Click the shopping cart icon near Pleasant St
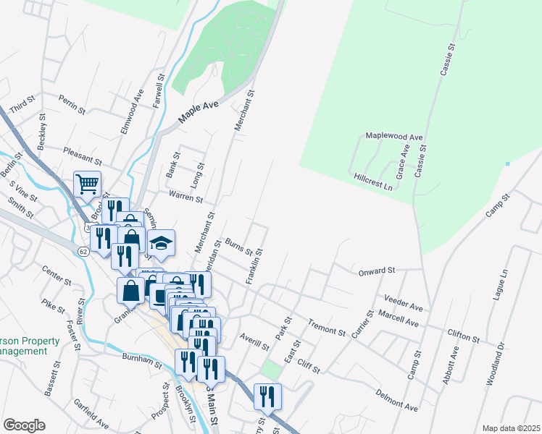(87, 184)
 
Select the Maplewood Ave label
(393, 136)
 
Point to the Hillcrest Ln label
(373, 181)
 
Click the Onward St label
(376, 271)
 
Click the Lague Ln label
(504, 284)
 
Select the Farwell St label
(159, 90)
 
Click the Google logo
(24, 425)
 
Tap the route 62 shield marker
(84, 250)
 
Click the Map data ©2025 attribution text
(512, 428)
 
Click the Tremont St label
(327, 327)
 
